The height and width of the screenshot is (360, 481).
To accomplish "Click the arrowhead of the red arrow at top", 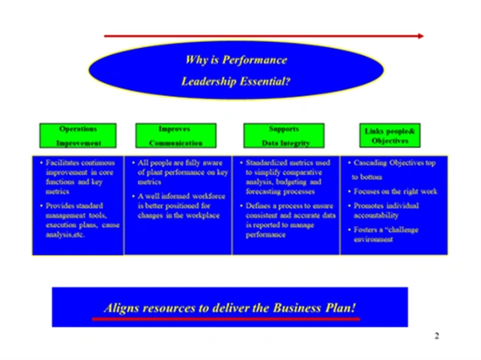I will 421,36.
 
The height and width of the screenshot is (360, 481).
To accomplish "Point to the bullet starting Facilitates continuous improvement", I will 77,175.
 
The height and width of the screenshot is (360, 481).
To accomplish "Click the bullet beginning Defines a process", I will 285,218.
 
